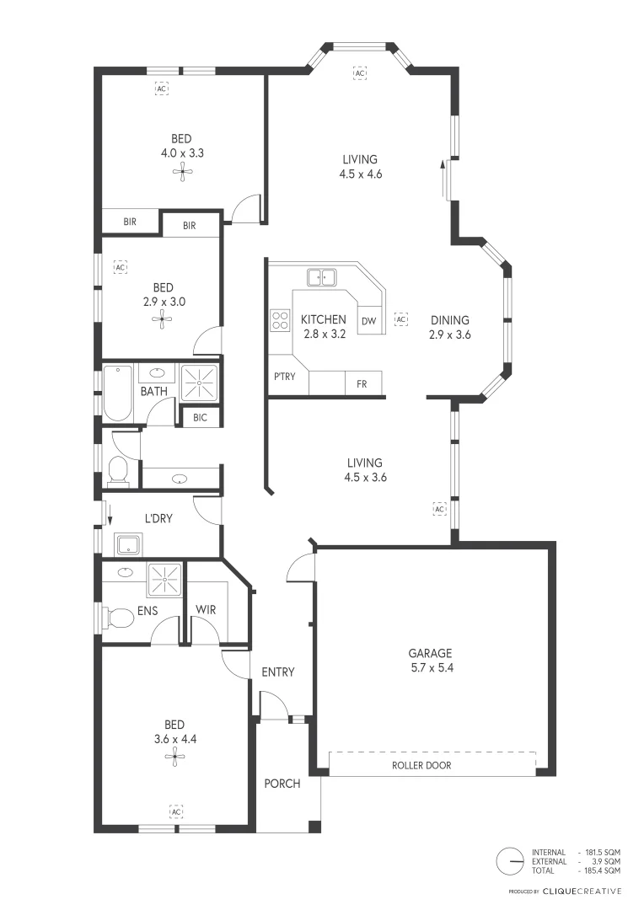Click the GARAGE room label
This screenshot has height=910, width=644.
click(430, 653)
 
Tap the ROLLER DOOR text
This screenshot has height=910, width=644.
click(421, 766)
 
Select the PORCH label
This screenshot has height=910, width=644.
click(282, 784)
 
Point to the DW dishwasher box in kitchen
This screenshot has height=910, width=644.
click(368, 320)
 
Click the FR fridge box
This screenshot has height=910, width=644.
click(362, 383)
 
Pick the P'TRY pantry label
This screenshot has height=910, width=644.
click(284, 377)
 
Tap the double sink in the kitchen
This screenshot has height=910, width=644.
click(320, 276)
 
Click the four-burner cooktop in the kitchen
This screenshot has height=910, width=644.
click(279, 319)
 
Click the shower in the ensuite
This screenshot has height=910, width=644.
click(164, 580)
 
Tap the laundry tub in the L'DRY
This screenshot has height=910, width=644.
click(127, 544)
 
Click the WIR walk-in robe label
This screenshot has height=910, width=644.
click(207, 608)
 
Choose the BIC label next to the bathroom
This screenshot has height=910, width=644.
click(201, 417)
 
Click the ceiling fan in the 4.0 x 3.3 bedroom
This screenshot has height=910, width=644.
click(182, 173)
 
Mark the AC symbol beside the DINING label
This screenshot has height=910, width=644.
click(401, 320)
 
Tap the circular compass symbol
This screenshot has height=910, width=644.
click(509, 861)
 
